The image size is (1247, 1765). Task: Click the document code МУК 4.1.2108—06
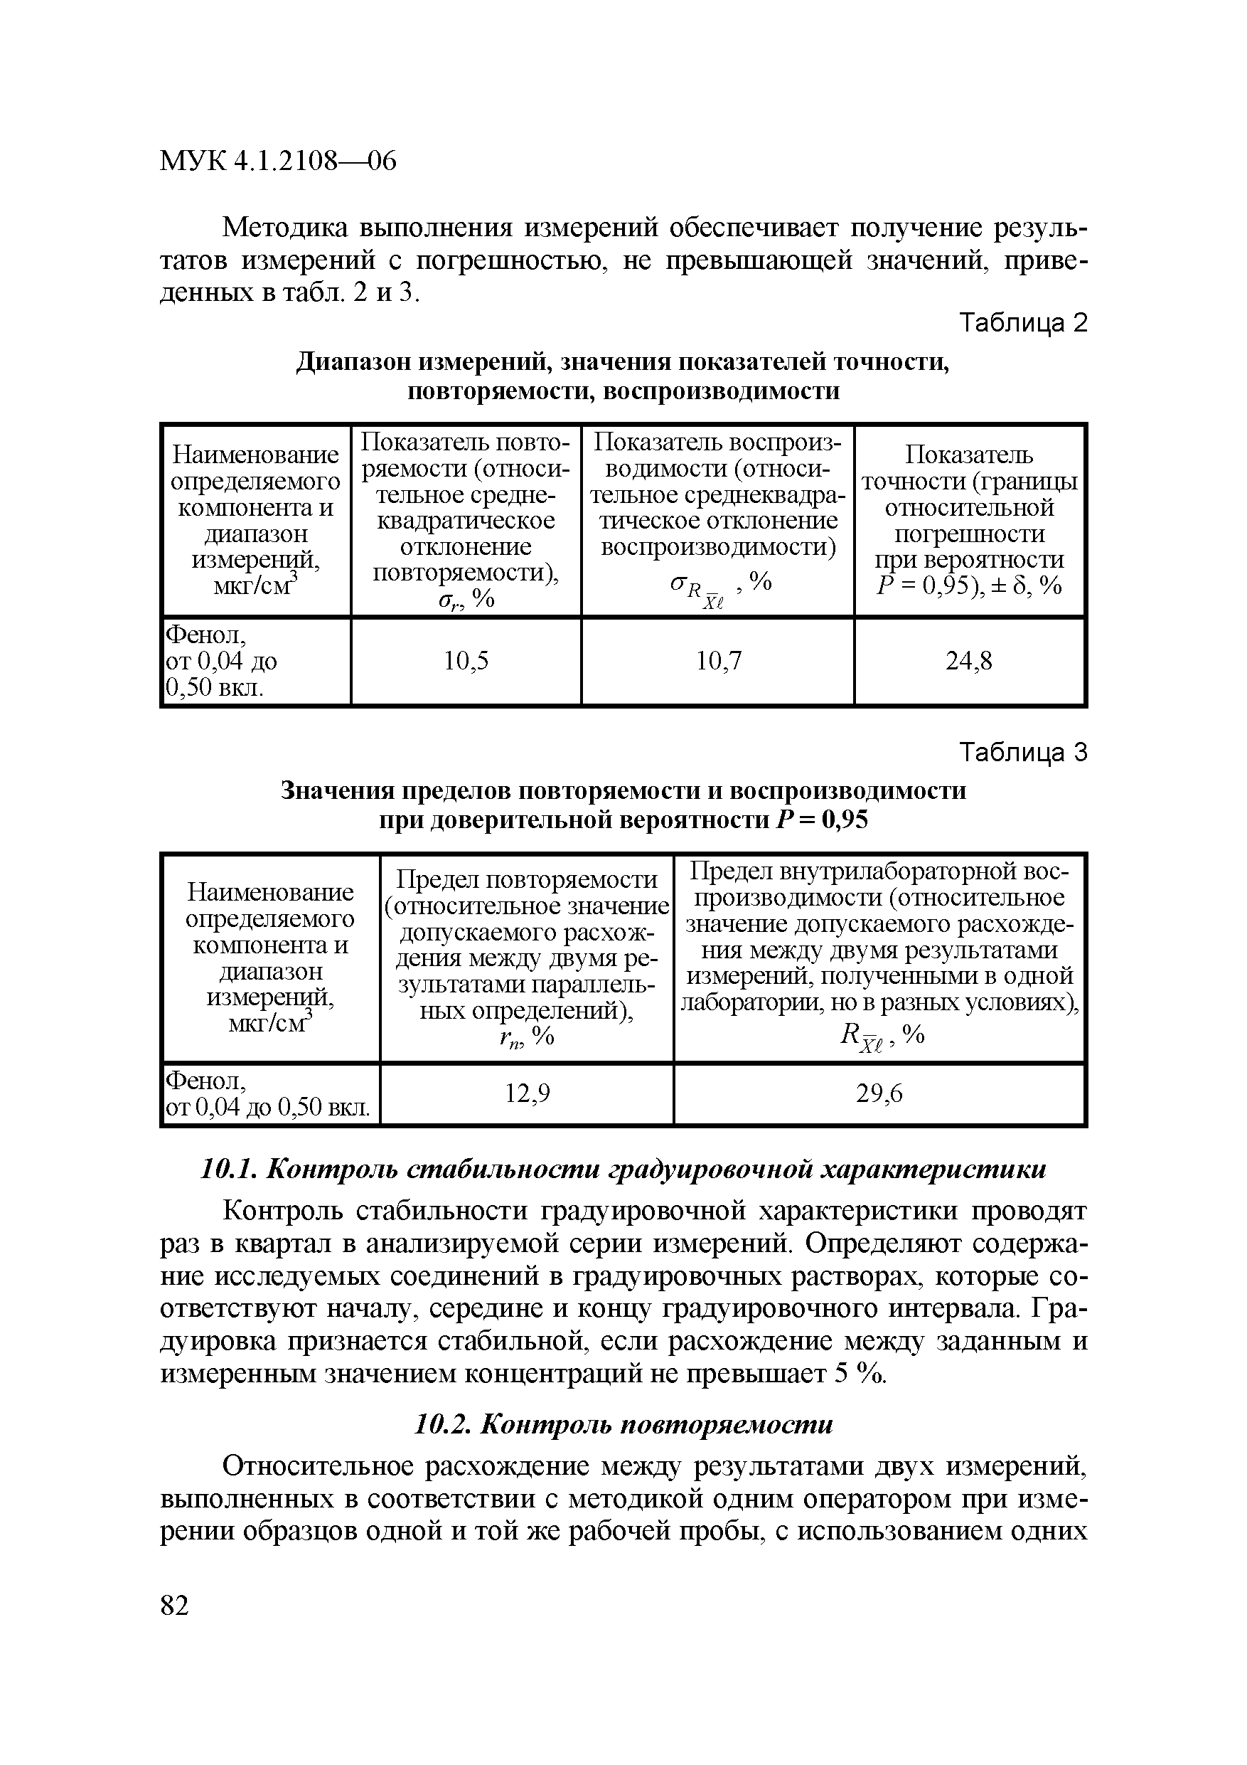[x=277, y=161]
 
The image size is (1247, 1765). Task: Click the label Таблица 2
[x=1024, y=324]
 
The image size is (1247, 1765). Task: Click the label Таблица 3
[x=1024, y=753]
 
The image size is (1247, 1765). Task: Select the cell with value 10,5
[x=466, y=661]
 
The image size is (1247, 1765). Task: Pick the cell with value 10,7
[x=717, y=661]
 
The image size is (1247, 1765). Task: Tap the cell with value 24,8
[x=969, y=661]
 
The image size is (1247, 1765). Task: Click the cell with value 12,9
[x=526, y=1093]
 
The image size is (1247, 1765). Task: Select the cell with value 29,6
[x=879, y=1093]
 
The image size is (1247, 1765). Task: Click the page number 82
[x=174, y=1606]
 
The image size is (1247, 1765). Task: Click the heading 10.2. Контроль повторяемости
[x=623, y=1424]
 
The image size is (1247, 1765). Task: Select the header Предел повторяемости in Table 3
[x=526, y=879]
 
